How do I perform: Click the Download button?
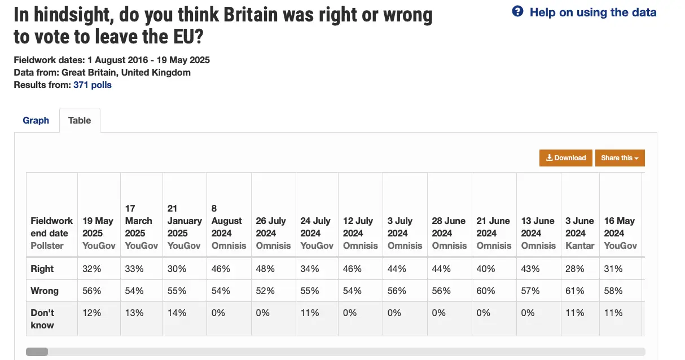[x=566, y=158]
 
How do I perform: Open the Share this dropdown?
[x=620, y=158]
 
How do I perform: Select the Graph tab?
[x=36, y=120]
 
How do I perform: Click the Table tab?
[x=80, y=120]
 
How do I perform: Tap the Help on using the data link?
[x=592, y=12]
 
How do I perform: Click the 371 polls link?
[x=93, y=85]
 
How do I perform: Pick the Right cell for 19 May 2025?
[x=92, y=269]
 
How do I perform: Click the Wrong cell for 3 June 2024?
[x=575, y=291]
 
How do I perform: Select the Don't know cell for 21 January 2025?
[x=177, y=313]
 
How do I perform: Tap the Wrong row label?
[x=45, y=291]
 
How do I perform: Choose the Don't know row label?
[x=42, y=319]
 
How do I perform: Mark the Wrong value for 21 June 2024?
[x=485, y=291]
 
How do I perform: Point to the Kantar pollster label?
[x=579, y=245]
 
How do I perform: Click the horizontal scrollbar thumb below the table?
[x=37, y=352]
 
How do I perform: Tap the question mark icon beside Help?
[x=517, y=12]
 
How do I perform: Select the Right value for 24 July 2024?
[x=309, y=269]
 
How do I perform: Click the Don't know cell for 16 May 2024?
[x=613, y=313]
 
